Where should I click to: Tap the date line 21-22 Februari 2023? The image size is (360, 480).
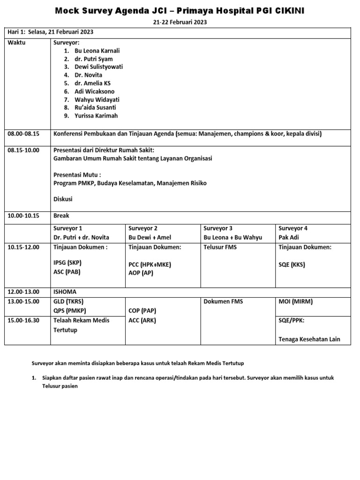pos(180,22)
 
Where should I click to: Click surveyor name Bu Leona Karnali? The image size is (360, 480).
pos(94,51)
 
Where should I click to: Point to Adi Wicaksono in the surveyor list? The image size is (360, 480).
pos(94,91)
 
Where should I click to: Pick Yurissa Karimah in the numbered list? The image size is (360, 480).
pos(97,116)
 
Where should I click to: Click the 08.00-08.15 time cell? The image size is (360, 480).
pos(23,134)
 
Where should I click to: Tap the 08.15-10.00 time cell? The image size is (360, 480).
pos(23,150)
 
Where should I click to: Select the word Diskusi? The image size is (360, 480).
pos(63,199)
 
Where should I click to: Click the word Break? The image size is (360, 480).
pos(61,216)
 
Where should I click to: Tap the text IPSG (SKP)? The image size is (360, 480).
pos(67,263)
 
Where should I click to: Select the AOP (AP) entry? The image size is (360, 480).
pos(141,272)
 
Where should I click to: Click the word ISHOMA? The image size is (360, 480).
pos(65,291)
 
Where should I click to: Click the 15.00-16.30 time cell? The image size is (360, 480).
pos(23,320)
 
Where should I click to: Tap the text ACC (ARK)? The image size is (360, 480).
pos(142,320)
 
